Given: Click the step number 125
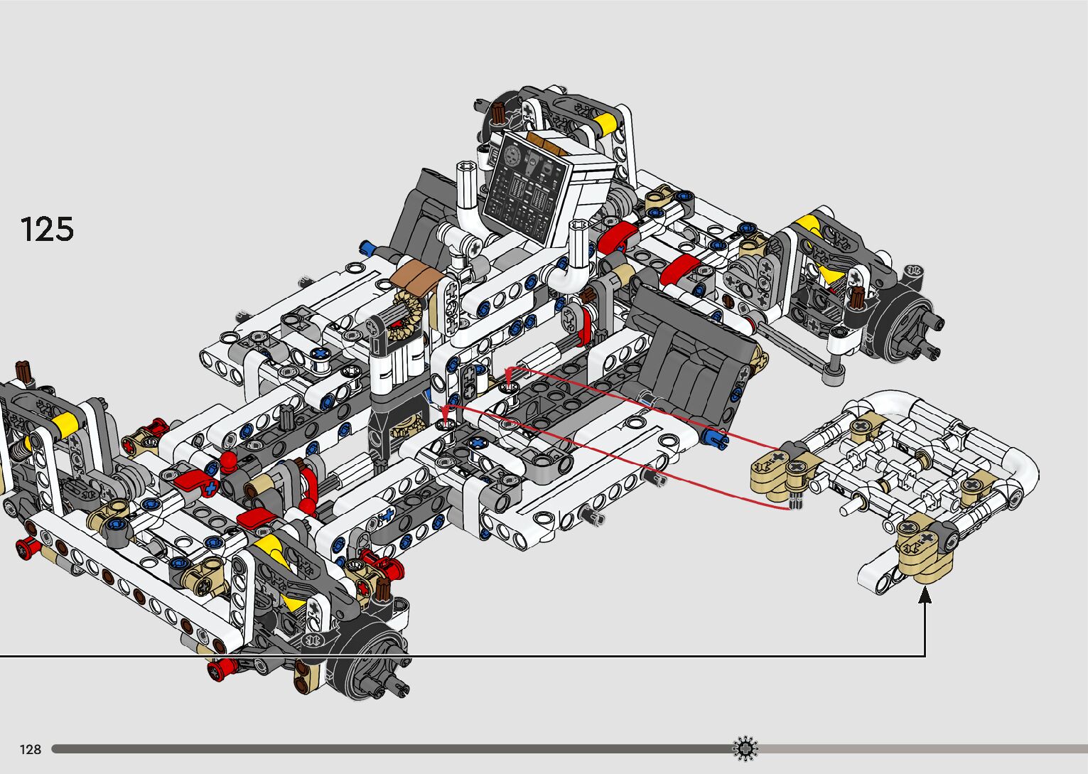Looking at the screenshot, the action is (47, 229).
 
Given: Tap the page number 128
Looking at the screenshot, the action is (30, 749).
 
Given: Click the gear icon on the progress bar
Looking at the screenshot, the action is (745, 748).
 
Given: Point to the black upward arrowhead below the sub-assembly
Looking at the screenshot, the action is (925, 595).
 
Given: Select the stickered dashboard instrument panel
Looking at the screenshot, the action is (527, 188).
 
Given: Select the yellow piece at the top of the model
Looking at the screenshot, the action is (605, 124).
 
